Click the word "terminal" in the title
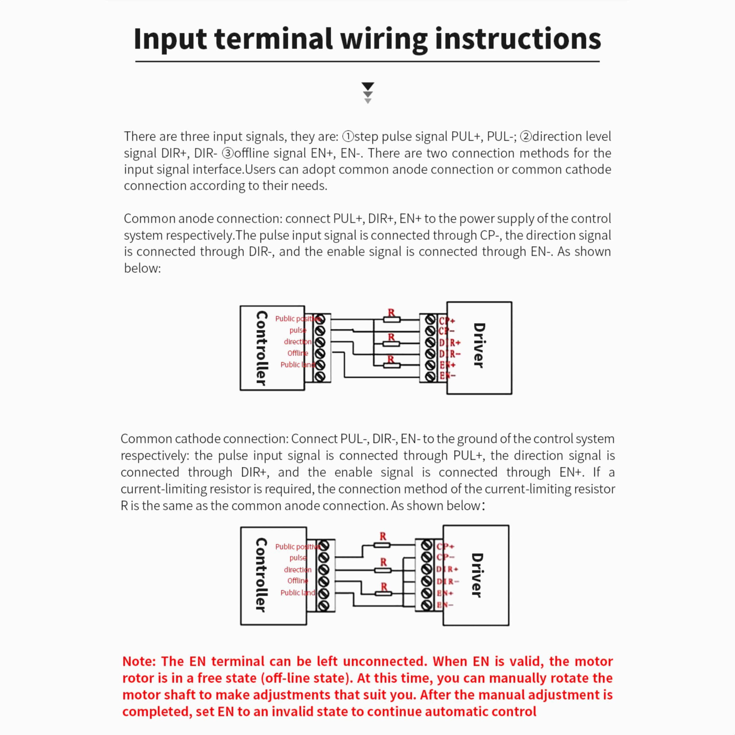273,39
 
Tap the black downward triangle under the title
367,86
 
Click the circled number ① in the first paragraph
348,136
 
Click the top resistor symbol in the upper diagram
391,320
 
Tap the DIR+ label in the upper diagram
450,343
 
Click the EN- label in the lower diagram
445,605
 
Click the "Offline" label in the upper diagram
297,353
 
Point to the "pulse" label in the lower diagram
297,558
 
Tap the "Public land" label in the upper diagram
297,364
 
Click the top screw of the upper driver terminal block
430,320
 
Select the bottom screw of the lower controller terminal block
323,605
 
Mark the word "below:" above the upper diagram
142,268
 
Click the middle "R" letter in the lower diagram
384,562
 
